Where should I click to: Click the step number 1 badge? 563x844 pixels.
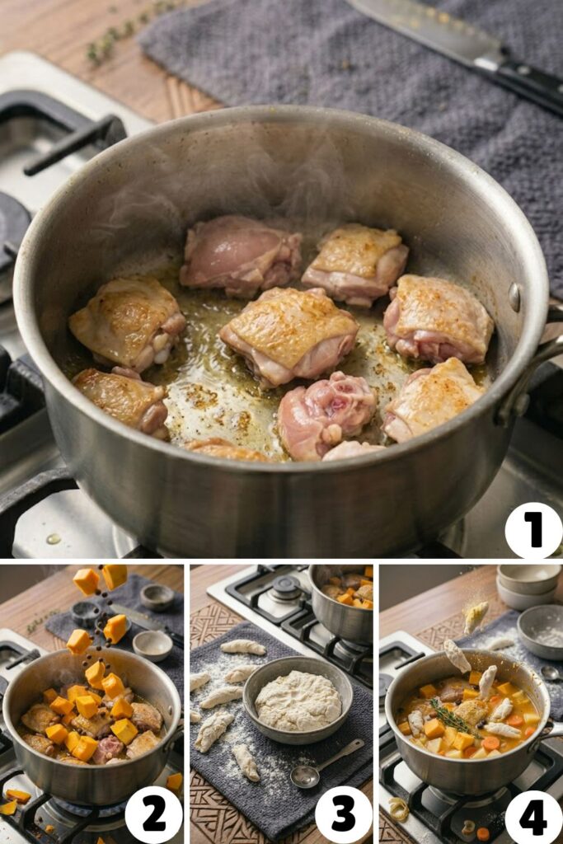[x=533, y=530]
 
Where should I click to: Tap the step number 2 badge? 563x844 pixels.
[x=153, y=814]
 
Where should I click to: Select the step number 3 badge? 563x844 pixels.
[x=343, y=814]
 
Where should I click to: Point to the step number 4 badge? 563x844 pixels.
[x=533, y=814]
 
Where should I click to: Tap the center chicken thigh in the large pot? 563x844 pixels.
[x=289, y=333]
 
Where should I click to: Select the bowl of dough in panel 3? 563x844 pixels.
[x=298, y=700]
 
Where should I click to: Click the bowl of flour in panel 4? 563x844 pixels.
[x=541, y=631]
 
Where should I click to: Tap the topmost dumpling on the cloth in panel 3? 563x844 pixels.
[x=243, y=648]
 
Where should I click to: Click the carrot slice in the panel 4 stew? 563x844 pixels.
[x=490, y=743]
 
